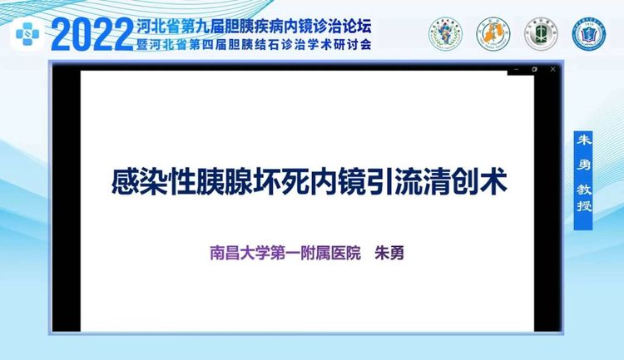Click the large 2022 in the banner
[x=92, y=35]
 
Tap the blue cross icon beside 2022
[x=27, y=34]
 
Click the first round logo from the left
[x=445, y=34]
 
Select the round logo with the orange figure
[x=493, y=34]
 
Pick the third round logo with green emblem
[x=541, y=34]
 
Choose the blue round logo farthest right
[x=588, y=34]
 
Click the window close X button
[x=552, y=69]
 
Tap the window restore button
[x=534, y=69]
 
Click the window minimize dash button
[x=517, y=70]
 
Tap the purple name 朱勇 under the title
[x=389, y=253]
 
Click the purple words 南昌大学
[x=239, y=253]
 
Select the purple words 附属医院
[x=330, y=253]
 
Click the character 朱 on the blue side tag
[x=583, y=141]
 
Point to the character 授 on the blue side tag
[x=583, y=205]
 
